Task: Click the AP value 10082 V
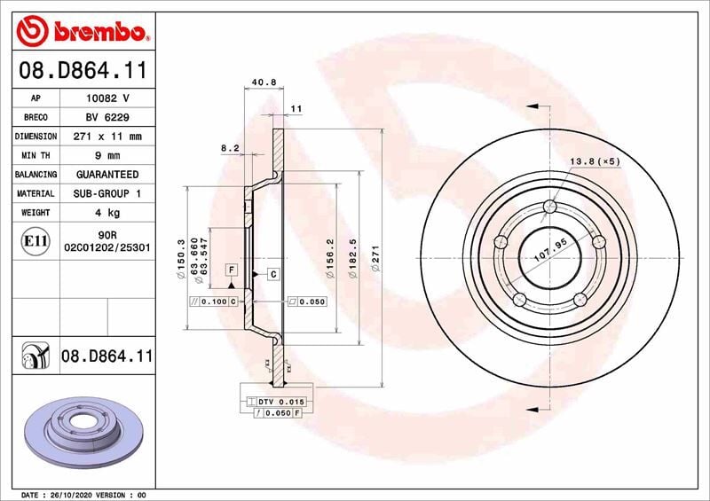click(x=107, y=98)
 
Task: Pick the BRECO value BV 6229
click(x=107, y=117)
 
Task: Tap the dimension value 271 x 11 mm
click(x=107, y=137)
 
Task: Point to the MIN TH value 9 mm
click(x=107, y=156)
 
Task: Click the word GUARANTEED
click(x=107, y=175)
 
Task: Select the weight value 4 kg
click(x=107, y=213)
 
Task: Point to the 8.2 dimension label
click(x=230, y=148)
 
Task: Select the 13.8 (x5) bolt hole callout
click(x=595, y=161)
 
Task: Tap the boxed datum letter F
click(x=231, y=270)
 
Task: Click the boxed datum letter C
click(x=272, y=275)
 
